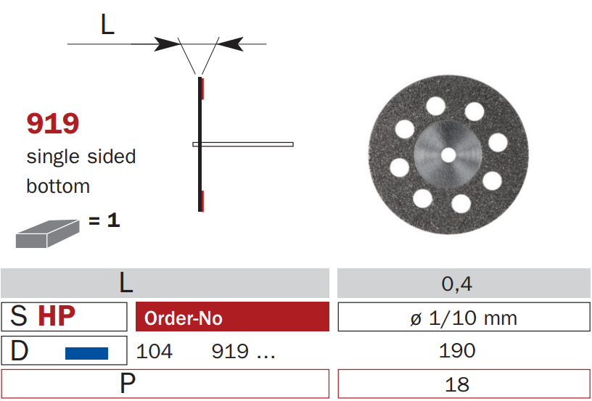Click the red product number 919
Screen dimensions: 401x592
tap(52, 123)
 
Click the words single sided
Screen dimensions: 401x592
tap(81, 157)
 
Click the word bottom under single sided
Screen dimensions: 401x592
tap(58, 186)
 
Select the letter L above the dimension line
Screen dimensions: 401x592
tap(107, 25)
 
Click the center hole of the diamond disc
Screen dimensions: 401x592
tap(448, 154)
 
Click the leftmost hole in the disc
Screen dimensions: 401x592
tap(399, 168)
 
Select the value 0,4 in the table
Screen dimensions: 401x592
tap(457, 284)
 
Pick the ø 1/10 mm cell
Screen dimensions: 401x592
tap(464, 318)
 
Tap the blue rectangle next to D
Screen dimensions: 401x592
tap(86, 353)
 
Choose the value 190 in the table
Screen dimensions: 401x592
tap(457, 351)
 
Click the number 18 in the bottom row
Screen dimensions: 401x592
tap(457, 384)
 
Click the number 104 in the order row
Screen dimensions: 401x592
tap(155, 352)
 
